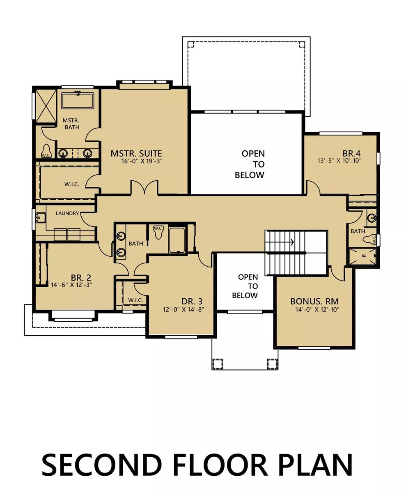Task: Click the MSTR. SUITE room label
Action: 136,154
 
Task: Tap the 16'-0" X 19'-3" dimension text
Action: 142,161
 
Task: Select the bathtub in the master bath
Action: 77,101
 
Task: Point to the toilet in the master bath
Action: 46,151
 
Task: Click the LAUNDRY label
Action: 67,213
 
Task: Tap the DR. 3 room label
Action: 192,301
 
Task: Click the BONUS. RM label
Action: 314,301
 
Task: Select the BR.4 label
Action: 351,154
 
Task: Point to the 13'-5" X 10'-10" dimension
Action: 339,161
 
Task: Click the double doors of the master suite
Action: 145,187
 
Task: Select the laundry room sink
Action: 41,217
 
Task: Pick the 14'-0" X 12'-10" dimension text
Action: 317,309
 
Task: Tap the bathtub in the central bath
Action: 177,240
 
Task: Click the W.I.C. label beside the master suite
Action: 72,184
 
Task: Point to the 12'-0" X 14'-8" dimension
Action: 184,309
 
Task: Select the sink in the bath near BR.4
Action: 372,217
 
